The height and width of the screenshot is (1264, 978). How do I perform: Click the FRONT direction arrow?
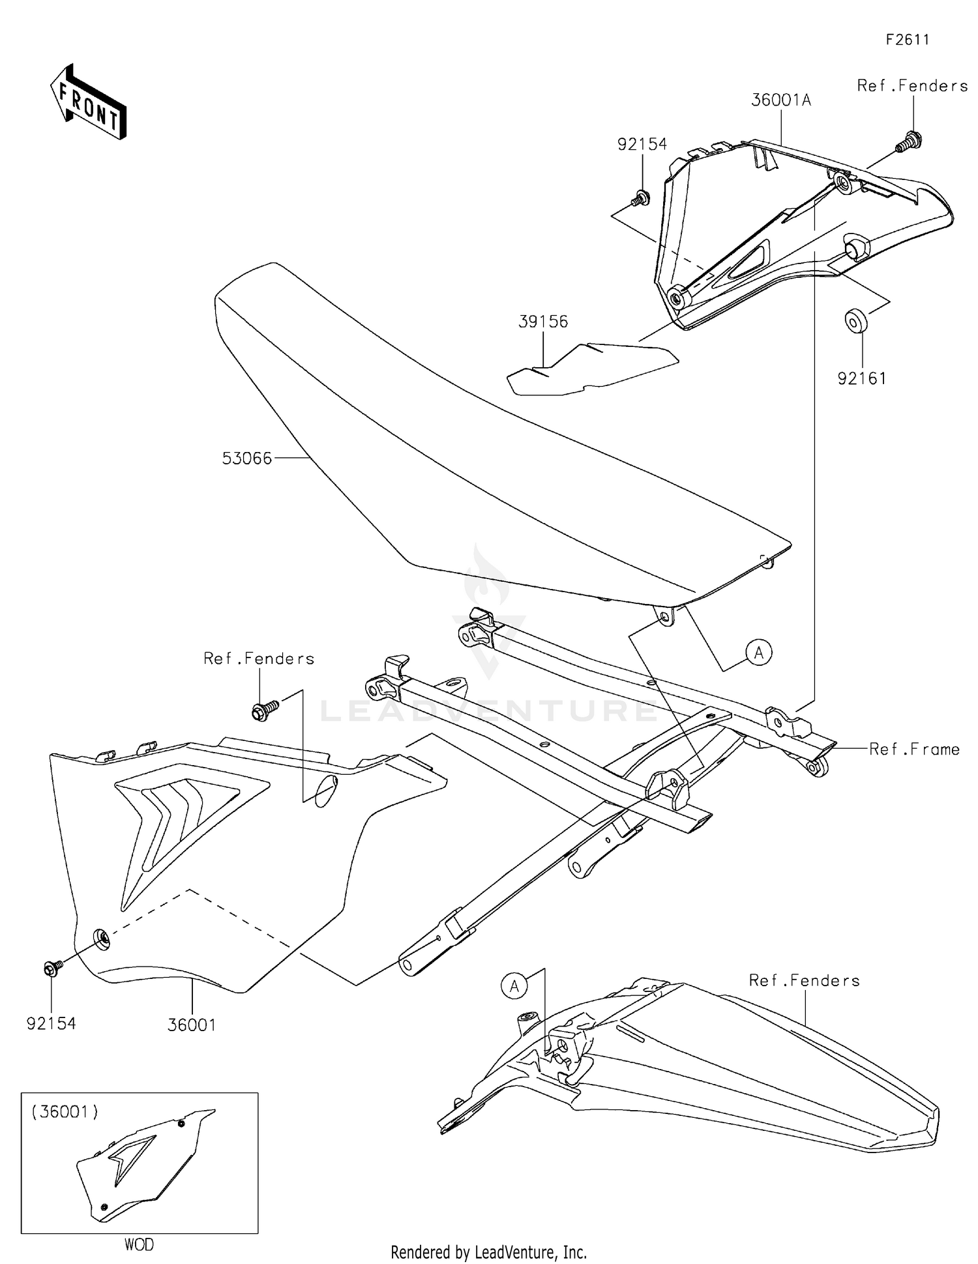pyautogui.click(x=88, y=104)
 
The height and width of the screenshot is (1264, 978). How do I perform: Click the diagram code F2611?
pyautogui.click(x=907, y=40)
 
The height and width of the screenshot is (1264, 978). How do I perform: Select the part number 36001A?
pyautogui.click(x=781, y=100)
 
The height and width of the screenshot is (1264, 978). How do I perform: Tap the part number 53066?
pyautogui.click(x=246, y=459)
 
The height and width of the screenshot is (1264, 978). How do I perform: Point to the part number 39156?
pyautogui.click(x=543, y=322)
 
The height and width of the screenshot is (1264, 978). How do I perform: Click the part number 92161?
pyautogui.click(x=862, y=378)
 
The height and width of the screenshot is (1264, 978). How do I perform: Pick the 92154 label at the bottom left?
pyautogui.click(x=51, y=1024)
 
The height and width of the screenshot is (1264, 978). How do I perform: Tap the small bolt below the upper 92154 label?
pyautogui.click(x=640, y=197)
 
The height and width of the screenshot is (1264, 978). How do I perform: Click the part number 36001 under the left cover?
pyautogui.click(x=192, y=1025)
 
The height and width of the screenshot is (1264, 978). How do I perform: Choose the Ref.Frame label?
pyautogui.click(x=914, y=749)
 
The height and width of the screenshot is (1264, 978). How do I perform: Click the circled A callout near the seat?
pyautogui.click(x=759, y=652)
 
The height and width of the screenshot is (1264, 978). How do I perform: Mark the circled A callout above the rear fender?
pyautogui.click(x=514, y=987)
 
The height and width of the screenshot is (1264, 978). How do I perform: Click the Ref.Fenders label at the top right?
pyautogui.click(x=912, y=86)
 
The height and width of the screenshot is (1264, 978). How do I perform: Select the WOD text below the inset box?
pyautogui.click(x=139, y=1245)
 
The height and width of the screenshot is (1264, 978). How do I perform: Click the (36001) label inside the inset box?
pyautogui.click(x=65, y=1111)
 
